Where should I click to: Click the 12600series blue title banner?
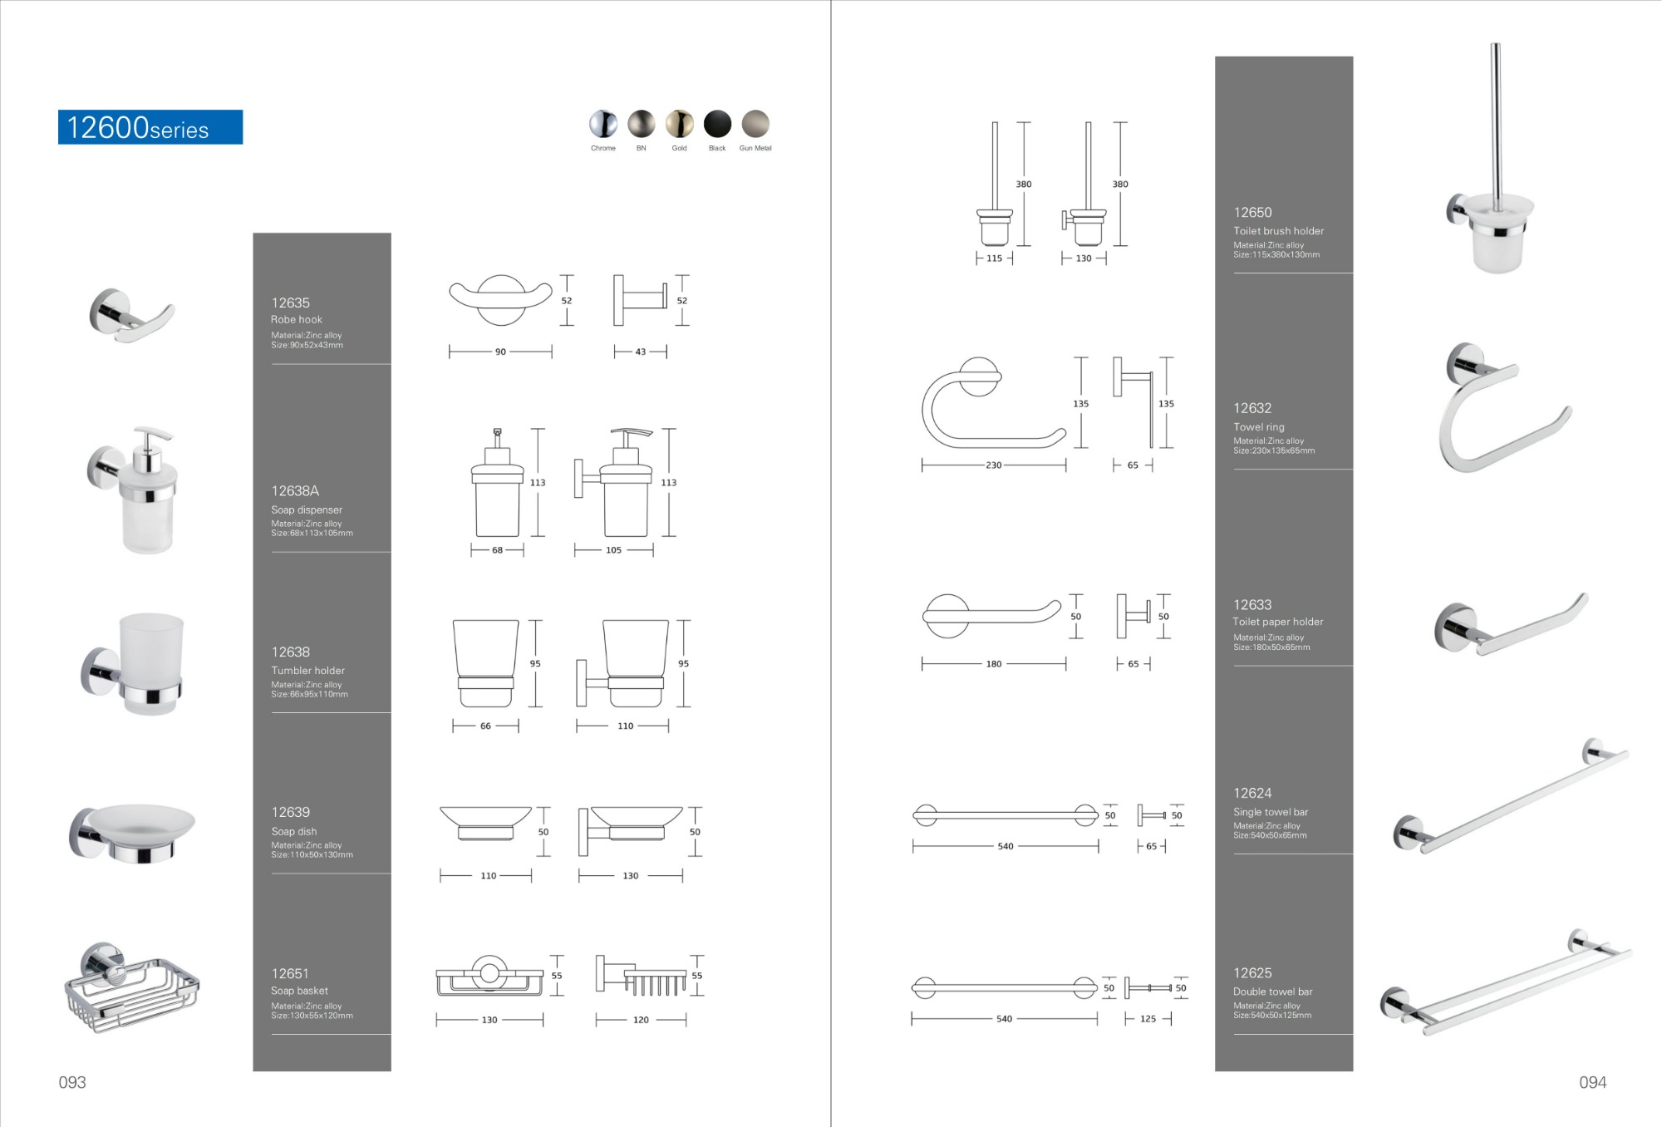pos(150,127)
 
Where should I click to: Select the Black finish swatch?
pos(717,124)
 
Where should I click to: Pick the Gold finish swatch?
pos(679,124)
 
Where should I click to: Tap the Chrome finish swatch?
pos(603,124)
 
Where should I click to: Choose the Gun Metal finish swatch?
pos(755,124)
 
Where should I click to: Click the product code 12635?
pos(290,303)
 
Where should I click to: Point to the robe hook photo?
pos(130,317)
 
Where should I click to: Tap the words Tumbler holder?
pos(307,671)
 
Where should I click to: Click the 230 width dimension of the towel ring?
pos(994,465)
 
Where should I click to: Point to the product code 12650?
pos(1252,213)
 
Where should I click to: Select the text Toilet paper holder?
pos(1277,622)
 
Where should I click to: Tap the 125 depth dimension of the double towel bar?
pos(1148,1019)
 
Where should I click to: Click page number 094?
pos(1592,1082)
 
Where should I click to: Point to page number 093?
pos(72,1082)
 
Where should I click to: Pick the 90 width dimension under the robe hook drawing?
pos(500,352)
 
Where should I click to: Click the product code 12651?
pos(290,973)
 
